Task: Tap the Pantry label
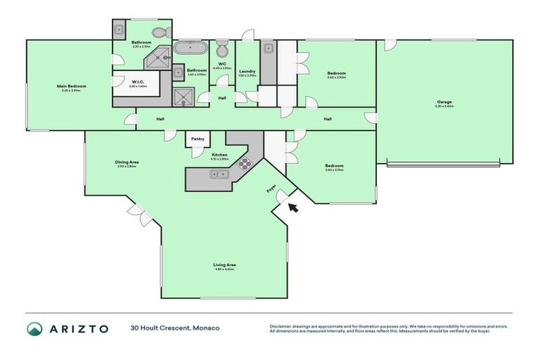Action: (x=198, y=139)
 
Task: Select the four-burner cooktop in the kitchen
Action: (x=244, y=165)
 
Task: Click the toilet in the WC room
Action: (x=222, y=49)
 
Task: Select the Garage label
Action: (x=444, y=101)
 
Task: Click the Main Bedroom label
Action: (x=71, y=86)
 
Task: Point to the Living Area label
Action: (x=224, y=264)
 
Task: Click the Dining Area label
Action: (x=127, y=162)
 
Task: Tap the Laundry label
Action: (x=247, y=70)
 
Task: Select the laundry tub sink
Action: (x=268, y=49)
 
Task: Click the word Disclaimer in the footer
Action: (x=282, y=326)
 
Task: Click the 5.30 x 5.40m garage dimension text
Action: (x=444, y=106)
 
